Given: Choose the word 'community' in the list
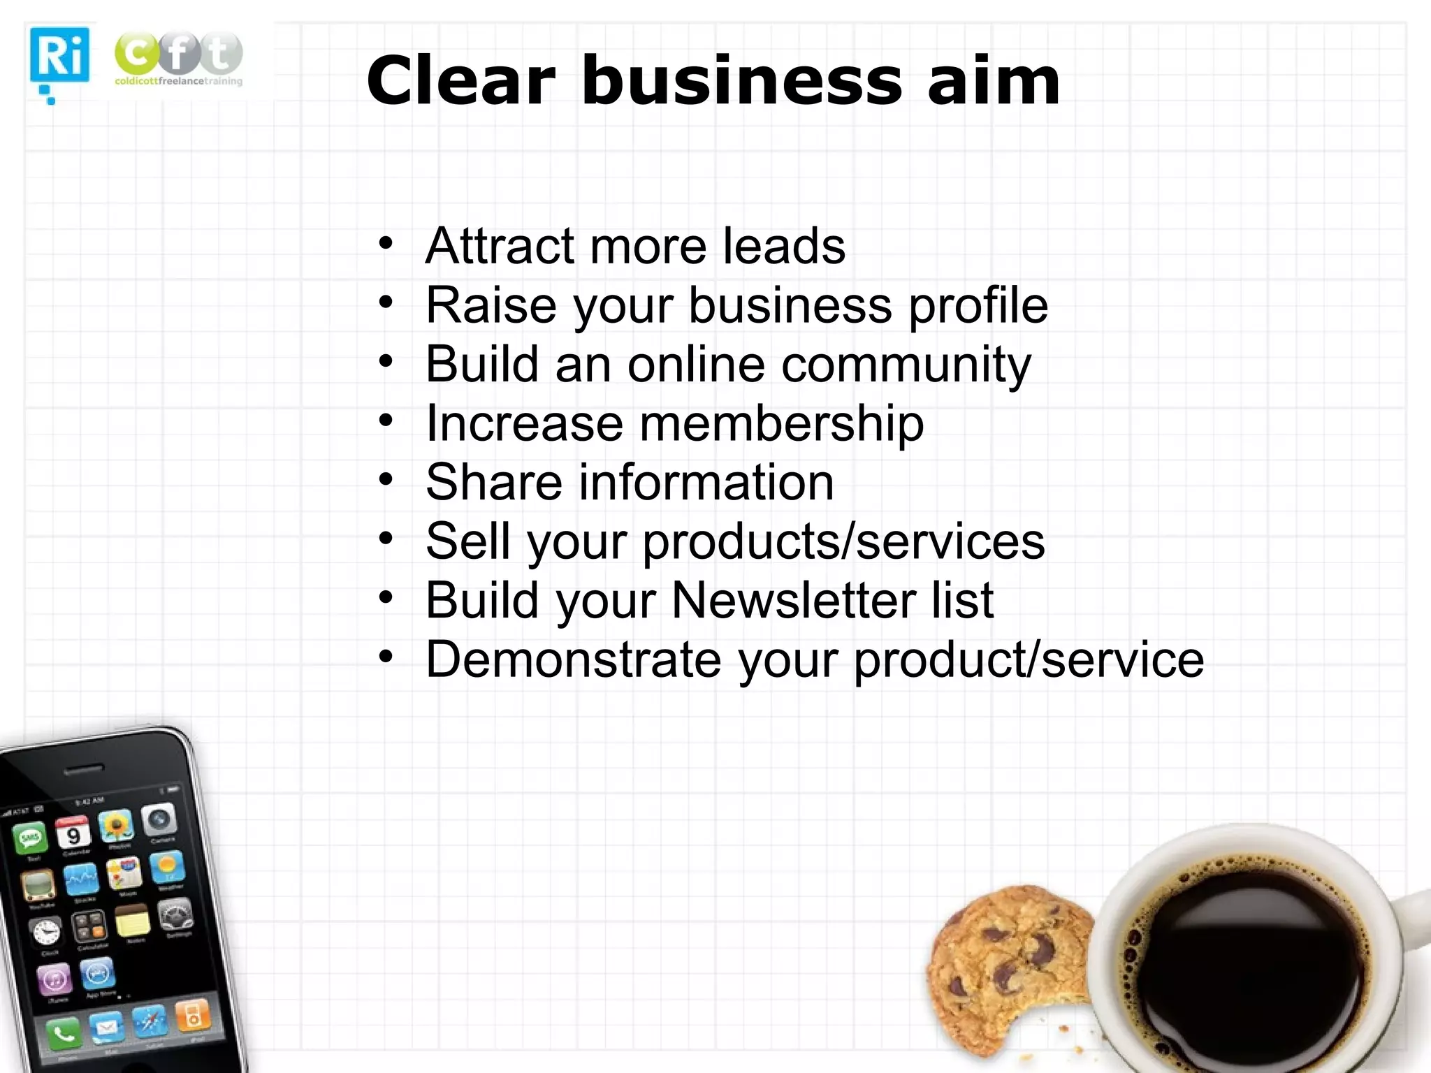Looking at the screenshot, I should click(906, 365).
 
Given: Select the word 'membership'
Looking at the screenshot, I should click(781, 424).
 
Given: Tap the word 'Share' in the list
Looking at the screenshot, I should click(493, 482).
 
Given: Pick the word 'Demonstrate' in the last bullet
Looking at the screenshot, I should click(574, 659).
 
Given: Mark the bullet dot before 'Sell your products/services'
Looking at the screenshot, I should click(386, 539).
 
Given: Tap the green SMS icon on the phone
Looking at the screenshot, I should click(31, 838).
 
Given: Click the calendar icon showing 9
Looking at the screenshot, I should click(73, 832).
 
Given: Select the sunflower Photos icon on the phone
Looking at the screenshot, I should click(116, 826).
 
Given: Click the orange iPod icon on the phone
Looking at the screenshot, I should click(192, 1016).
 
